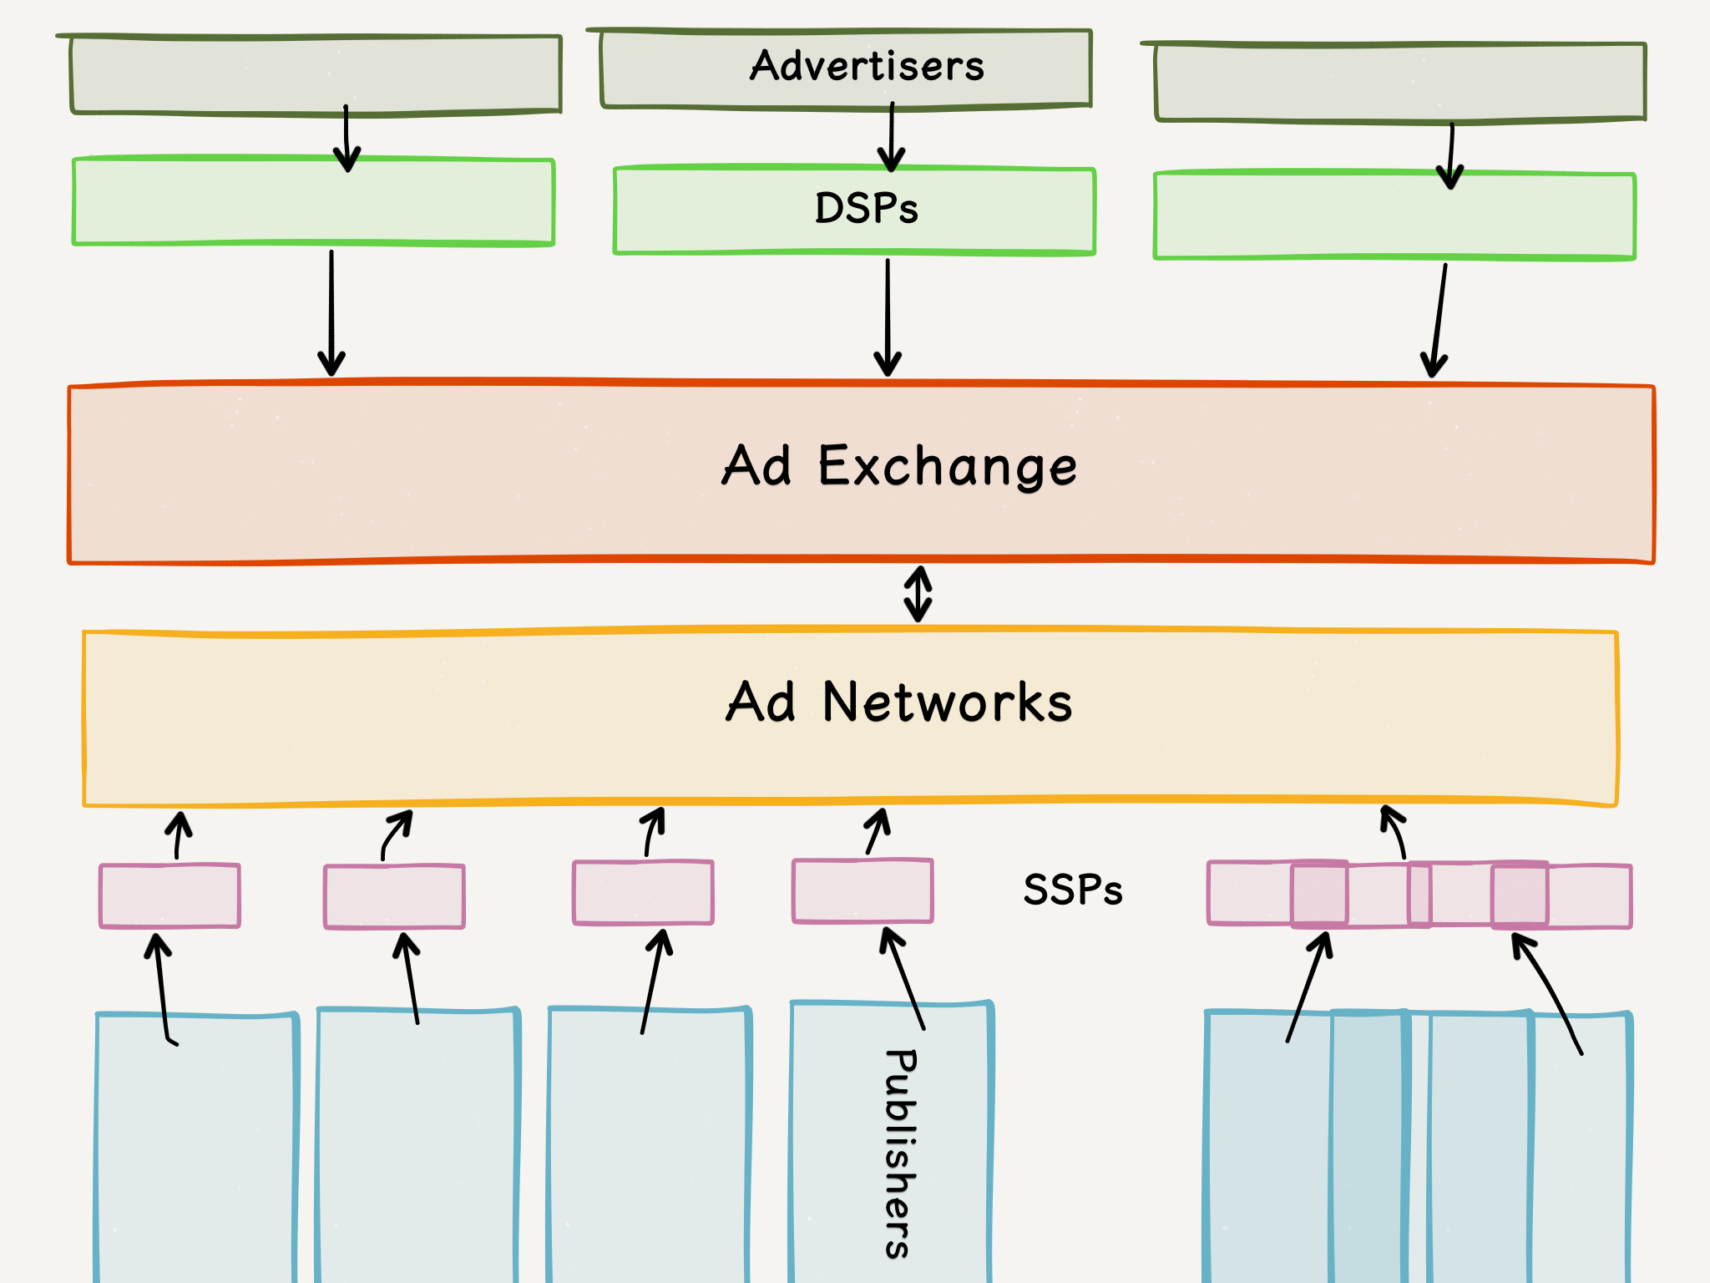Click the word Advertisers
[x=867, y=66]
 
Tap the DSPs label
[x=866, y=208]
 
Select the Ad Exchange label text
[x=899, y=466]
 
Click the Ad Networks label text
[x=899, y=702]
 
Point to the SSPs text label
[x=1073, y=890]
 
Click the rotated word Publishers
[x=899, y=1154]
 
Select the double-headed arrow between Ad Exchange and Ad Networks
[x=918, y=595]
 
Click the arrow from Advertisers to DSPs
[x=892, y=137]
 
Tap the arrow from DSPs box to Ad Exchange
[x=888, y=317]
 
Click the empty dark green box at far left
[x=316, y=74]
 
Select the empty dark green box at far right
[x=1400, y=82]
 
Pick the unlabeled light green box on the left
[x=313, y=201]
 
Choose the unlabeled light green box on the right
[x=1394, y=216]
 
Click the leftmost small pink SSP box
[x=169, y=896]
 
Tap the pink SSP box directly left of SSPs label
[x=863, y=891]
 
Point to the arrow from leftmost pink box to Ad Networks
[x=178, y=834]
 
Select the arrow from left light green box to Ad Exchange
[x=331, y=313]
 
